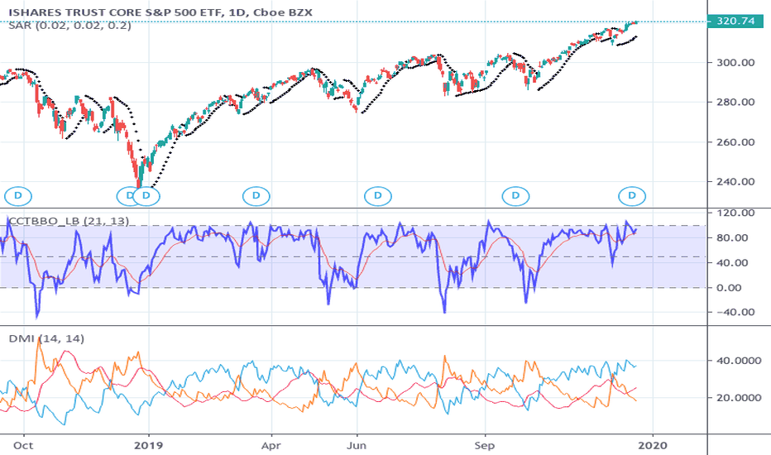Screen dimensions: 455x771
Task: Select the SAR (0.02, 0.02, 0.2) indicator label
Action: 58,26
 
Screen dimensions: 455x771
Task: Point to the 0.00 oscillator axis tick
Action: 736,288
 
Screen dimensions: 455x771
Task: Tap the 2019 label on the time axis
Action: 148,443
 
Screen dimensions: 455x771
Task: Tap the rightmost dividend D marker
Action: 633,196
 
